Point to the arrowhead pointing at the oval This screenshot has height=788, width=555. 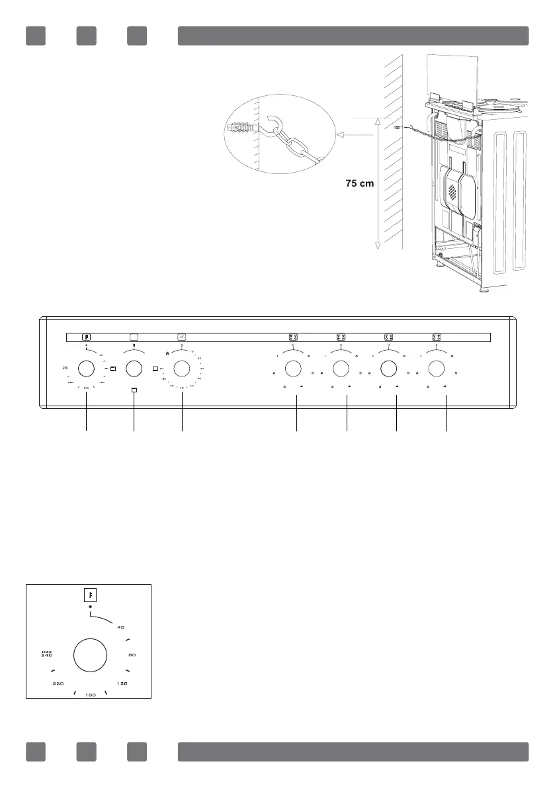[341, 134]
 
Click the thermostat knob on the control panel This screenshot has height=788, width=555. [86, 369]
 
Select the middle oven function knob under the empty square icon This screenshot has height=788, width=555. [134, 369]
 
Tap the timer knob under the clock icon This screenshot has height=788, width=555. [182, 369]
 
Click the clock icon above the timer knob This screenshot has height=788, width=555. [182, 336]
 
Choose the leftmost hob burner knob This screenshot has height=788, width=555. [293, 369]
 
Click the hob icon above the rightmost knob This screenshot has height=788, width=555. [437, 336]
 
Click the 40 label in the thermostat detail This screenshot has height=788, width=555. [121, 627]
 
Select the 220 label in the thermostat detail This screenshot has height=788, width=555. [58, 683]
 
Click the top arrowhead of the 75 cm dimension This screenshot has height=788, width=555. [377, 120]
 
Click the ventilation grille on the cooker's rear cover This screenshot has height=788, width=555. [452, 192]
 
